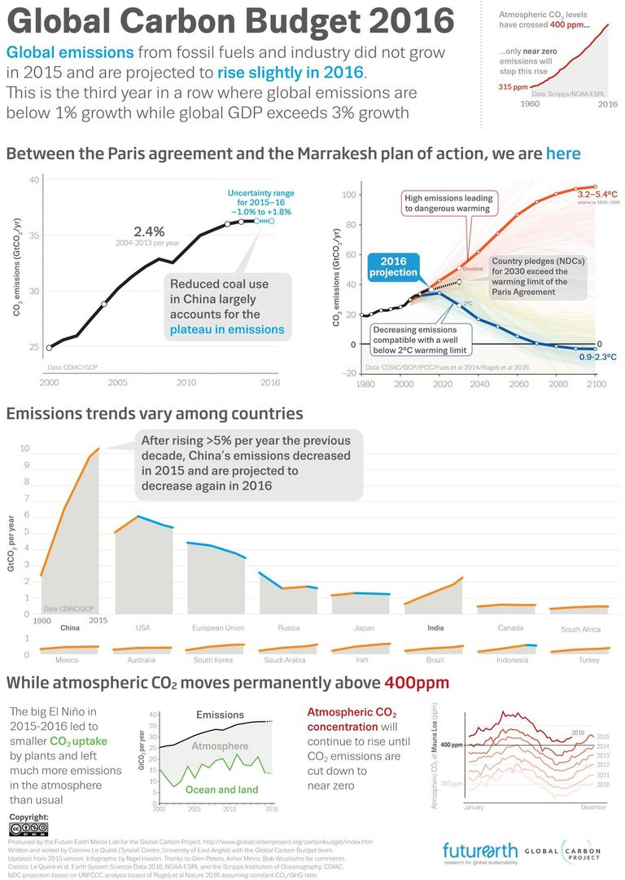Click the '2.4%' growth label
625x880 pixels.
tap(149, 231)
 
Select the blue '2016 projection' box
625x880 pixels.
tap(392, 266)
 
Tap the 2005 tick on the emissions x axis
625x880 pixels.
tap(117, 382)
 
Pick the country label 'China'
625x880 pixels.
tap(70, 628)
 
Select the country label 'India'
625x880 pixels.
tap(435, 628)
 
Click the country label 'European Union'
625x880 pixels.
tap(217, 628)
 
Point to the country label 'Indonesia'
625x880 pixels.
tap(513, 660)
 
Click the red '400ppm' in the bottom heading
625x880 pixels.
tap(416, 682)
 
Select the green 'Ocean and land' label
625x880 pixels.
tap(221, 790)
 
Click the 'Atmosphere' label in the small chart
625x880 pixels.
tap(220, 746)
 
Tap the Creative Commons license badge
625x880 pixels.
tap(29, 829)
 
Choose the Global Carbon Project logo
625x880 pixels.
tap(570, 851)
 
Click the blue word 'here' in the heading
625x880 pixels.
tap(563, 153)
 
